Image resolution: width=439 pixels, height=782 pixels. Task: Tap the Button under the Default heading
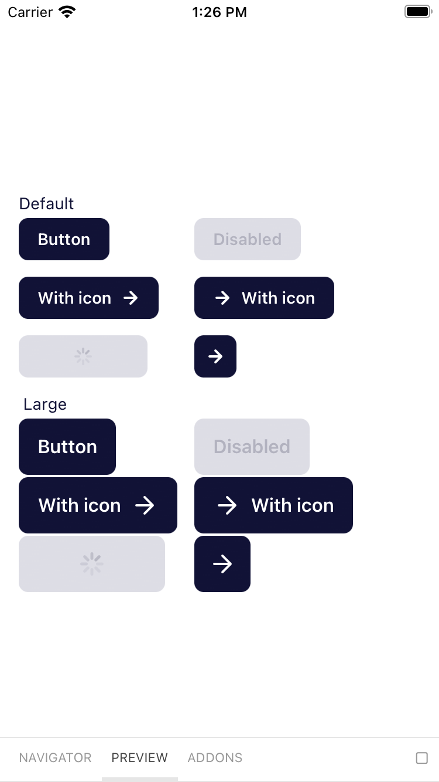click(64, 239)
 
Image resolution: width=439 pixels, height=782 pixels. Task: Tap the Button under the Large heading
click(67, 447)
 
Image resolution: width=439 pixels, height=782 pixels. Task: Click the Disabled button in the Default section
click(247, 239)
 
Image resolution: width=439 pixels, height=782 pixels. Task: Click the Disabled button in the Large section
click(252, 447)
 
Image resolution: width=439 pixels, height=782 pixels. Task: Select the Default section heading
click(46, 203)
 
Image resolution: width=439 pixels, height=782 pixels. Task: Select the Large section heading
click(45, 404)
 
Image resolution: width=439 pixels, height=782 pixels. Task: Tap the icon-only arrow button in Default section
click(215, 356)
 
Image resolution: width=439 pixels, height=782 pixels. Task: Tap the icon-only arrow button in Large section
click(222, 564)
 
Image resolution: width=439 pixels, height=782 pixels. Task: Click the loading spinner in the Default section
click(83, 356)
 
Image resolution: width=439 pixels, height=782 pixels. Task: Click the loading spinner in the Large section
click(92, 564)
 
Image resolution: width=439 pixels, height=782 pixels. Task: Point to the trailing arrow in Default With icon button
click(131, 298)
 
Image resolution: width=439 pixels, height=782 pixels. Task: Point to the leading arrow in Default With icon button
click(222, 298)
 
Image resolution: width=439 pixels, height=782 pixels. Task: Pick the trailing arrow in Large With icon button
click(145, 505)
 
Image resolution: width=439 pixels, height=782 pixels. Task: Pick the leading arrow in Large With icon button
click(227, 505)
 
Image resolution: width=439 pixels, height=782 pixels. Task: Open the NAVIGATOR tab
click(55, 757)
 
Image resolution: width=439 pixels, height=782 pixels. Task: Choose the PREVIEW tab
click(139, 757)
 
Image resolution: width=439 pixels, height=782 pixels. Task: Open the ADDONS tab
click(215, 757)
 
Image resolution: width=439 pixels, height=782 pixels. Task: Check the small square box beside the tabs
click(421, 758)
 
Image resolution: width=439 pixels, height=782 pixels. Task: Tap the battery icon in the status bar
click(418, 12)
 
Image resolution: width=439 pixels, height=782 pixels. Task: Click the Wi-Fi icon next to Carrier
click(68, 12)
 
